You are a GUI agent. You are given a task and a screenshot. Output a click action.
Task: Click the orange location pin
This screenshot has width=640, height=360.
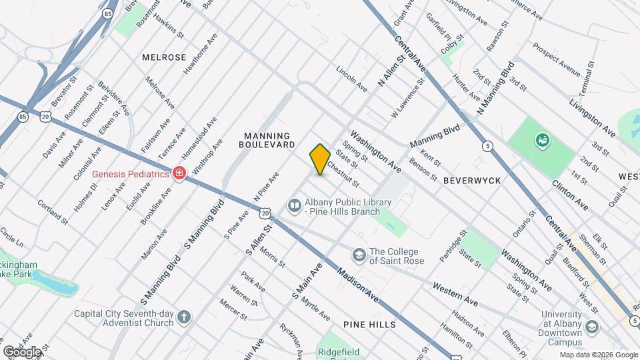click(x=320, y=159)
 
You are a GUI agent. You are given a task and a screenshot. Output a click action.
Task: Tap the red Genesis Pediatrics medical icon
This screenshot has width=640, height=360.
click(x=178, y=174)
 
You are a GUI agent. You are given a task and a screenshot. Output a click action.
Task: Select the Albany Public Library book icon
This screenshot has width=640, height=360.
click(x=294, y=206)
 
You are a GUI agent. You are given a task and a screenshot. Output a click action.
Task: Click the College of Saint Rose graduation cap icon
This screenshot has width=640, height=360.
click(x=359, y=255)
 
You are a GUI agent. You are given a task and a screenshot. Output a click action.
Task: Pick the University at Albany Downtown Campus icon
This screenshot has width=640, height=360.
click(x=591, y=327)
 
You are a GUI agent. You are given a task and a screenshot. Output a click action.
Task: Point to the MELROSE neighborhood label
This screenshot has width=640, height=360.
click(x=164, y=57)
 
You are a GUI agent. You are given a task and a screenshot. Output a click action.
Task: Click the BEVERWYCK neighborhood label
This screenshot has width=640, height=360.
click(x=471, y=180)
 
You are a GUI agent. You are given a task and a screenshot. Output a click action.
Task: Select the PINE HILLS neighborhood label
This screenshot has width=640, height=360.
click(x=369, y=325)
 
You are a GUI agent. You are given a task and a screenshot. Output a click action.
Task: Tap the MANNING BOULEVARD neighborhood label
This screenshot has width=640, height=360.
click(x=269, y=139)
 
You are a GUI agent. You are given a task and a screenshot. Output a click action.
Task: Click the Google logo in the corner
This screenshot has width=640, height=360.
click(x=22, y=351)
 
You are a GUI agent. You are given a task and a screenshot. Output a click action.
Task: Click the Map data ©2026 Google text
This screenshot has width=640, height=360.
click(x=599, y=355)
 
